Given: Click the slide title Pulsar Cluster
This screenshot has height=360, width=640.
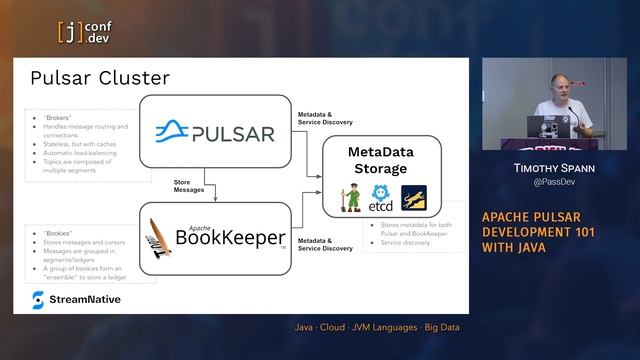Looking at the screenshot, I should [x=100, y=77].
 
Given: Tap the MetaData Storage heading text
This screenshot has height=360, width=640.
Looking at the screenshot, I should [x=380, y=159].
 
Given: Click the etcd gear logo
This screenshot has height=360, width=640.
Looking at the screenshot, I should [x=381, y=197].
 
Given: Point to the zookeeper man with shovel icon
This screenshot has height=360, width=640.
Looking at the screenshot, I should [x=351, y=197].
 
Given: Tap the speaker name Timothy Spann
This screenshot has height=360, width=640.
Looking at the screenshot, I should [x=553, y=171].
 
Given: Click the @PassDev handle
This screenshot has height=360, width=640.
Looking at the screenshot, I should [x=553, y=185].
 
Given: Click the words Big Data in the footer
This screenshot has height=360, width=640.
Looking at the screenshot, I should [x=442, y=327].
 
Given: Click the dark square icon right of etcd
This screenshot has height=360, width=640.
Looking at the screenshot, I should [x=413, y=197].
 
